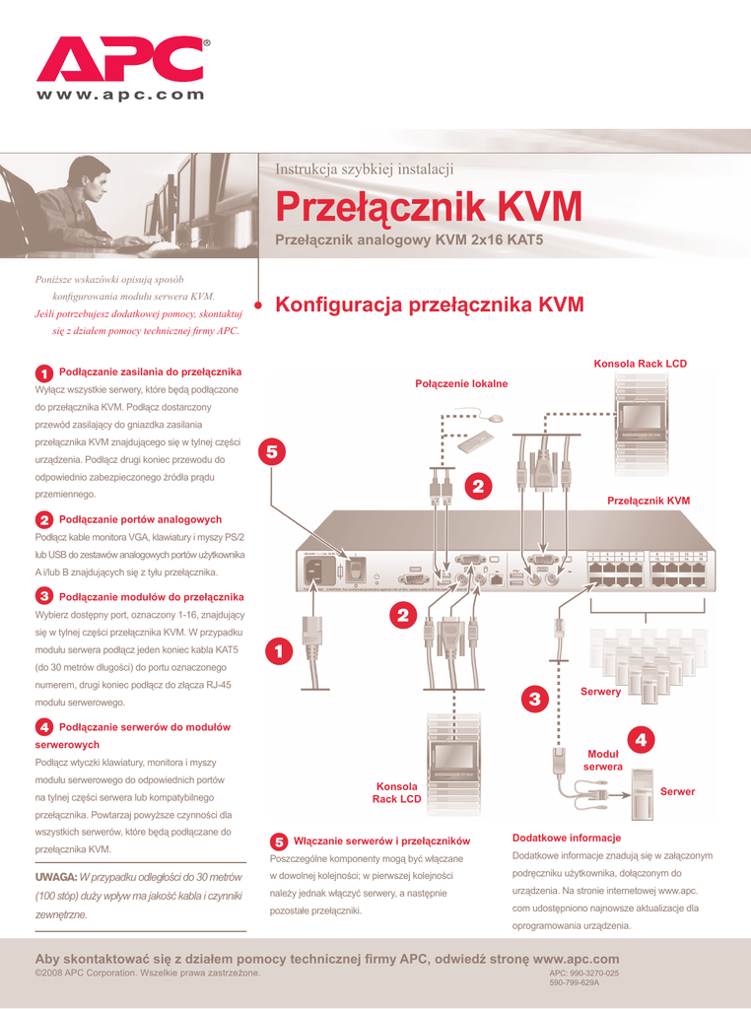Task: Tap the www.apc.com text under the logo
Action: pos(121,96)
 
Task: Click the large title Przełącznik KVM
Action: pos(428,208)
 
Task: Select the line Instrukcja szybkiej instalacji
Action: pos(364,168)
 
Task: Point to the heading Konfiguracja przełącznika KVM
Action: pos(430,305)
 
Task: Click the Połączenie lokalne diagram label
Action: pos(461,383)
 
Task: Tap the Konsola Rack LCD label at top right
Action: pos(640,365)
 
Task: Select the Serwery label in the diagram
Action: pos(600,692)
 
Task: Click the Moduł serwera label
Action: pos(602,760)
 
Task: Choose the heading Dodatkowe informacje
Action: pos(566,838)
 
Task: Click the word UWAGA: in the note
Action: pos(55,877)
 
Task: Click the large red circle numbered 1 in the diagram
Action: pos(279,651)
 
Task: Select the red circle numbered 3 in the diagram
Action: pos(534,700)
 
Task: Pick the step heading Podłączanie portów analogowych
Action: pos(140,519)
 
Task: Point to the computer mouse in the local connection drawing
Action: pos(497,419)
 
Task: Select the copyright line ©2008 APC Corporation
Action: pos(148,974)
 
